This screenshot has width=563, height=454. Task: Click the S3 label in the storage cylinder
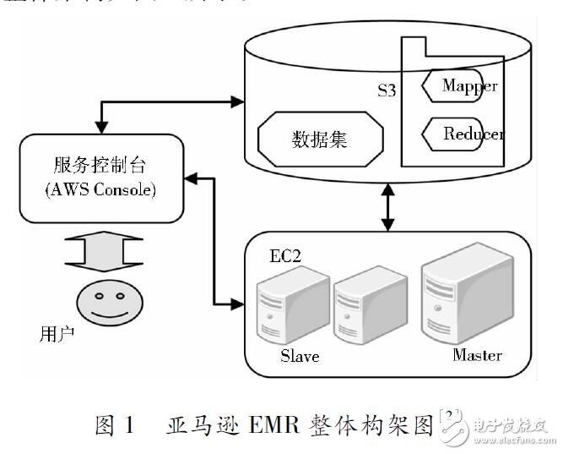387,90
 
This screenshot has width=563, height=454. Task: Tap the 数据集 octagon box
319,139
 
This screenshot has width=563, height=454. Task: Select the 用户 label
57,333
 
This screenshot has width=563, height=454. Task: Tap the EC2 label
285,254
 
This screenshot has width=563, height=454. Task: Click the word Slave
300,356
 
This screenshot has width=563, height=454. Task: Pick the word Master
477,354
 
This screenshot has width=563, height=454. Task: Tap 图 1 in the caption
114,424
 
